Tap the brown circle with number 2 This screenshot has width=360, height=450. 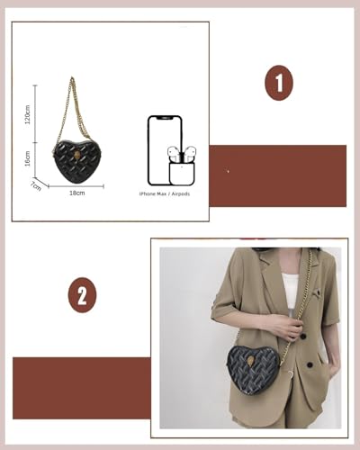coord(82,295)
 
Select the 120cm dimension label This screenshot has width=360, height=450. coord(27,116)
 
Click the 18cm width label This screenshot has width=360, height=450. coord(78,193)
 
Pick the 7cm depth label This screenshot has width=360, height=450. coord(37,185)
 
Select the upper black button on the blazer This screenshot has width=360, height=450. coord(302,337)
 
